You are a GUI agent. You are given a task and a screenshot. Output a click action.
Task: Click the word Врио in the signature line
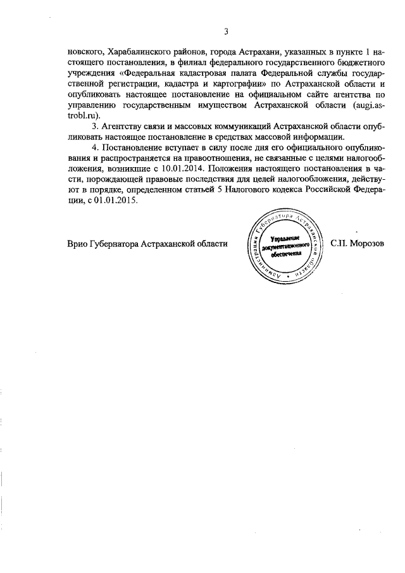[77, 244]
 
